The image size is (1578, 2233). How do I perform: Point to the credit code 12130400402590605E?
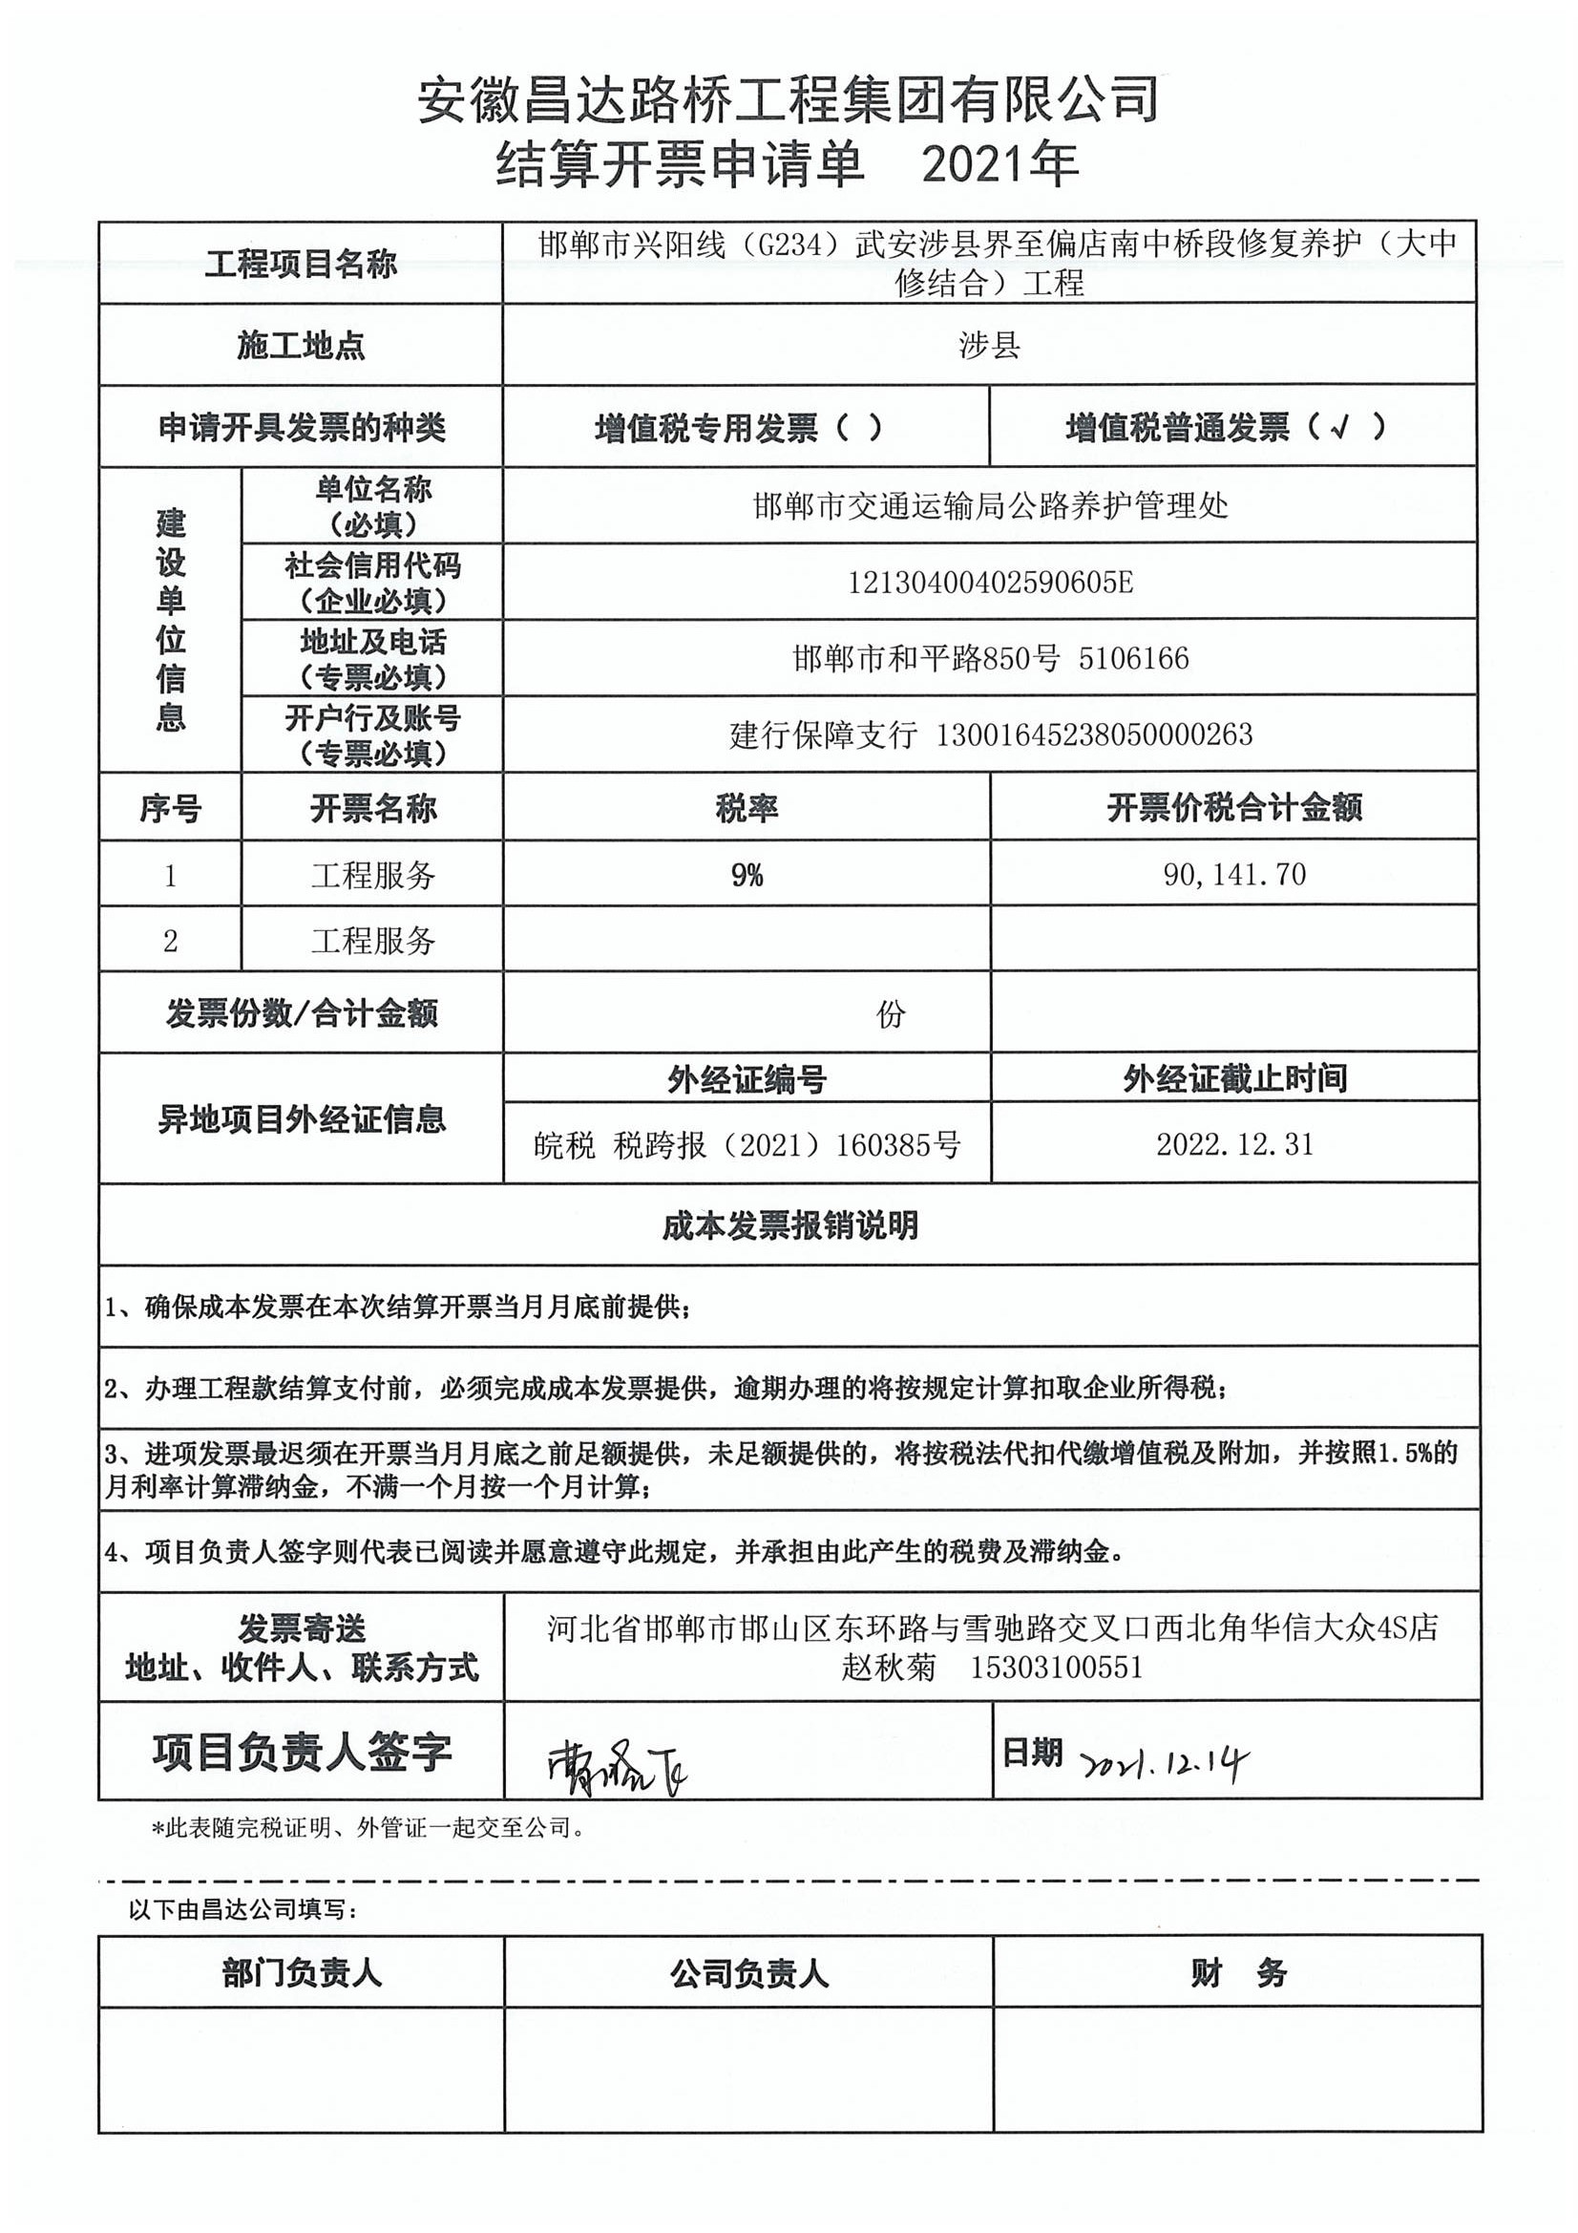point(990,583)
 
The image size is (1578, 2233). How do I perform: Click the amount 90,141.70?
point(1233,874)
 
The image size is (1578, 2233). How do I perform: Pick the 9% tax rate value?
point(747,875)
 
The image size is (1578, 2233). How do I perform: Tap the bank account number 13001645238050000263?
point(1094,734)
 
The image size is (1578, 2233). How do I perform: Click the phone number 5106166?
point(1134,658)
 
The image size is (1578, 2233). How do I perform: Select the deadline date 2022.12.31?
point(1234,1144)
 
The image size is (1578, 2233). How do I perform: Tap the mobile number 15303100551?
point(1056,1668)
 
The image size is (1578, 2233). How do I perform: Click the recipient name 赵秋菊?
point(889,1668)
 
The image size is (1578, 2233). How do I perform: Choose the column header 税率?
point(747,808)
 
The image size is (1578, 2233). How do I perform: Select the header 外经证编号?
point(747,1078)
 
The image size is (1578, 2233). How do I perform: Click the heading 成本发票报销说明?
point(789,1225)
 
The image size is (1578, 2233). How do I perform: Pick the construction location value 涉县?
point(989,345)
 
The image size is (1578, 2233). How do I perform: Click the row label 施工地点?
point(301,345)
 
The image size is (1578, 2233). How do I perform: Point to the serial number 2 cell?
point(170,941)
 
